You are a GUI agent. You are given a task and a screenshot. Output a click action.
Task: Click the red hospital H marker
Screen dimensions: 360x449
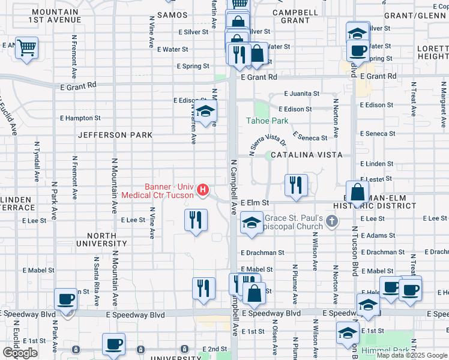[203, 191]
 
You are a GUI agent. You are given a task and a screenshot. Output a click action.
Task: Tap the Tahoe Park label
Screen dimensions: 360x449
[267, 121]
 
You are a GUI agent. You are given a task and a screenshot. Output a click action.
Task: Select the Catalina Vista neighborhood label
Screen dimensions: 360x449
[306, 155]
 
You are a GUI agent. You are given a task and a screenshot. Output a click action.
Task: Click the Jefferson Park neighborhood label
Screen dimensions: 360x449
[115, 136]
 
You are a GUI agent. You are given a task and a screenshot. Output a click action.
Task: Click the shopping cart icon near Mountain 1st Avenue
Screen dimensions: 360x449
[26, 48]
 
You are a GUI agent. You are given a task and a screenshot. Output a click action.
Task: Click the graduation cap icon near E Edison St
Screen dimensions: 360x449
[205, 112]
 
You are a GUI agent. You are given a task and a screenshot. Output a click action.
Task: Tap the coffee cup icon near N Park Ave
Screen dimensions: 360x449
[66, 299]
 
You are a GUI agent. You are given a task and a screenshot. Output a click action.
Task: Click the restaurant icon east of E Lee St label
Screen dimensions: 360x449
[195, 220]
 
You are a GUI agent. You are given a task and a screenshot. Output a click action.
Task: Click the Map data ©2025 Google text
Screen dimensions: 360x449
[411, 355]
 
